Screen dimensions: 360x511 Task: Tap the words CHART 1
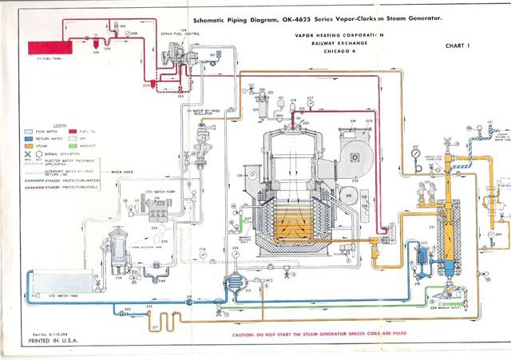(458, 46)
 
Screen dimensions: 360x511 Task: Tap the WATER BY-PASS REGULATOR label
(208, 112)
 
